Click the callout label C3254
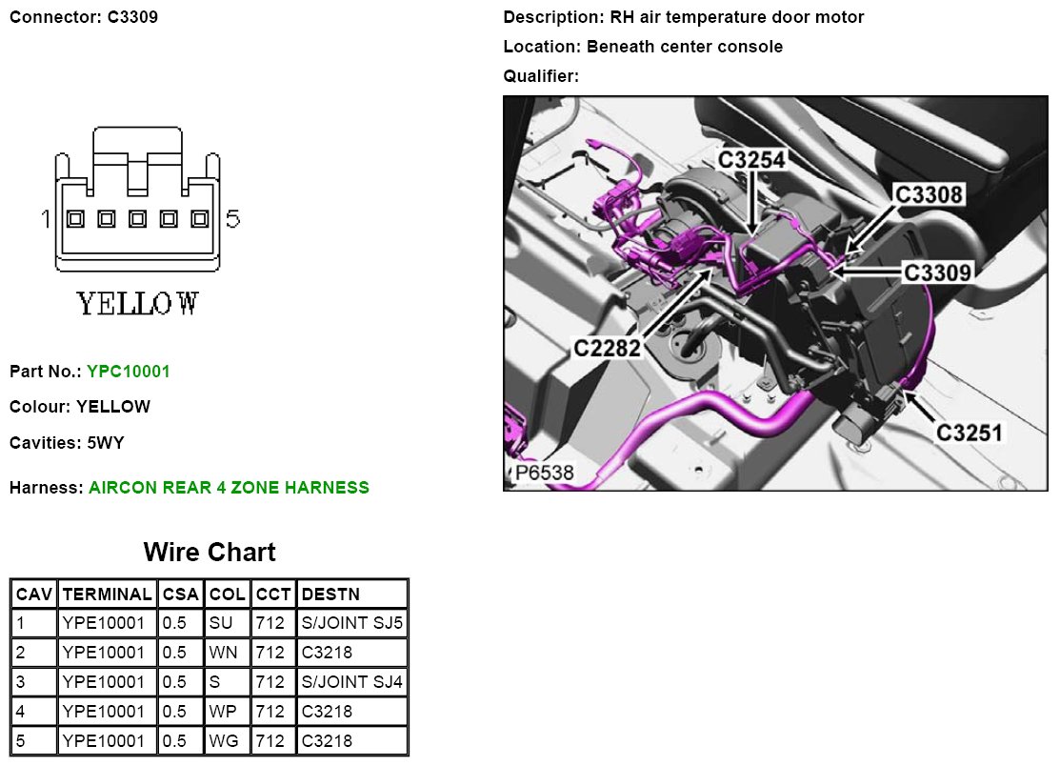click(751, 160)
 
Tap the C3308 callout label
click(930, 195)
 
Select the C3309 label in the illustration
click(937, 272)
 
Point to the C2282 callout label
click(606, 349)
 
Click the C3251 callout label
click(970, 433)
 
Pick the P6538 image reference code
click(545, 474)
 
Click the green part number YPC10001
click(128, 372)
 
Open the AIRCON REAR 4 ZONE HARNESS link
click(229, 488)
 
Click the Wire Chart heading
click(210, 553)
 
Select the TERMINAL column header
click(106, 595)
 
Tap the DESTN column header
click(330, 595)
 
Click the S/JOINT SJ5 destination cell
click(351, 624)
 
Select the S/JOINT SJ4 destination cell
click(351, 682)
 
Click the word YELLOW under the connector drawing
click(137, 304)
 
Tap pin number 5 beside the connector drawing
click(232, 220)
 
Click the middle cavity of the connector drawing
click(137, 219)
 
